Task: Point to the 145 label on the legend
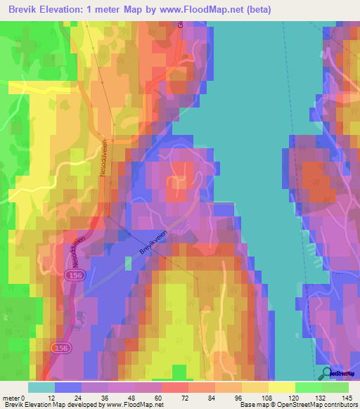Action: coord(348,398)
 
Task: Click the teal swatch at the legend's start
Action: coord(41,387)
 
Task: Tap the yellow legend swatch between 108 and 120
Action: coord(282,387)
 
